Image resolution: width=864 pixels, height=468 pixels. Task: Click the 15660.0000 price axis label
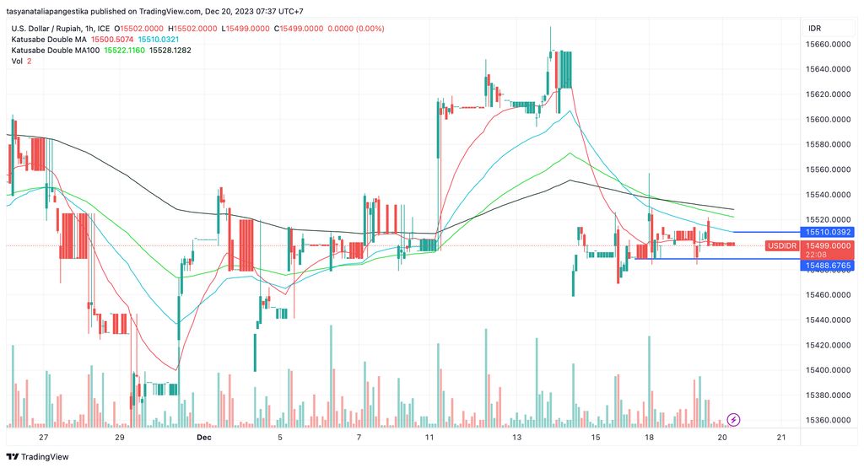826,44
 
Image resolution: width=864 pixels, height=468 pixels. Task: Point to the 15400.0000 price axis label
826,370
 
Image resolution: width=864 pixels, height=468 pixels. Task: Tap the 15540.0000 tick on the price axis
826,195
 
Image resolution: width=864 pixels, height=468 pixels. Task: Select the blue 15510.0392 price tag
826,232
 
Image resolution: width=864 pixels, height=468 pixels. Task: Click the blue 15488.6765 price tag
826,266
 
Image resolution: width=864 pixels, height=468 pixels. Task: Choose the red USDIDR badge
781,245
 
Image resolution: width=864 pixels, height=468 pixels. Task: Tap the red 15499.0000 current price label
826,245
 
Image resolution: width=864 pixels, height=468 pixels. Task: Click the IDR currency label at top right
814,28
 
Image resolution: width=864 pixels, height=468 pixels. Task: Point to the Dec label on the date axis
203,438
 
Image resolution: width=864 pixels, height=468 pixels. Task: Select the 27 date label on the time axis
44,438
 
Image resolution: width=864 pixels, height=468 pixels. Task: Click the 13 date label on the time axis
517,438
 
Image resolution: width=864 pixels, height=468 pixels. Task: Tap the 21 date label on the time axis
780,438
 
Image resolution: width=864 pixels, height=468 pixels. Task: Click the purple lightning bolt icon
733,419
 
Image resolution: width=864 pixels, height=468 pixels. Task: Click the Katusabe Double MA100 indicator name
56,51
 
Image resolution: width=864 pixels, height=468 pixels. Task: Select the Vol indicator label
17,62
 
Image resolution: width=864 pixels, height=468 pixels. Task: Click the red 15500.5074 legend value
111,40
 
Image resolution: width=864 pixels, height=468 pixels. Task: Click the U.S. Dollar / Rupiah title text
52,29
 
